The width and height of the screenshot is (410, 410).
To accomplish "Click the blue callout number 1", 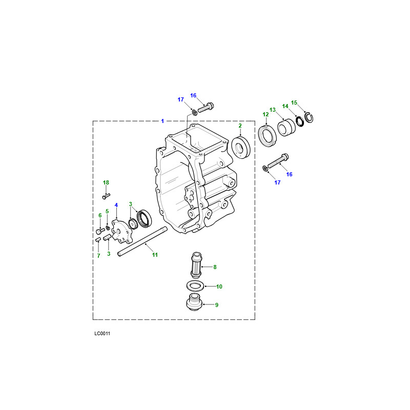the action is (162, 121).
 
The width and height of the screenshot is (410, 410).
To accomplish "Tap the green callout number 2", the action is (240, 126).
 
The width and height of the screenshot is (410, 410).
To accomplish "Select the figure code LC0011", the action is (102, 334).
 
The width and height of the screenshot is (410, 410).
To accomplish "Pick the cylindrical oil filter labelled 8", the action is (196, 265).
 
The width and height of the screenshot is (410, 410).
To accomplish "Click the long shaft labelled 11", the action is (142, 241).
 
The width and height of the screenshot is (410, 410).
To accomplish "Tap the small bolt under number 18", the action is (106, 196).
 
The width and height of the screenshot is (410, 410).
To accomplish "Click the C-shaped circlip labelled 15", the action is (309, 117).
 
